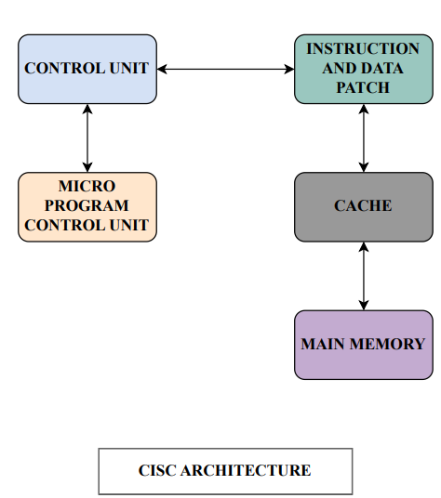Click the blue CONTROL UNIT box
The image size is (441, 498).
pos(87,69)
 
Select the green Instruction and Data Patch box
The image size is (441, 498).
pos(363,69)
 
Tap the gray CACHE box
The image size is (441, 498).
pos(363,206)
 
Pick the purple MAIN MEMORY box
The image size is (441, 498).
pos(363,345)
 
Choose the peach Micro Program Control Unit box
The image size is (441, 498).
pos(87,206)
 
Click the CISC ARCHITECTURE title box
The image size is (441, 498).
pos(225,471)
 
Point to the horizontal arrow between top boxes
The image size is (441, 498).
pos(225,69)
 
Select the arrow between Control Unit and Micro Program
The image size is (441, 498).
pos(87,138)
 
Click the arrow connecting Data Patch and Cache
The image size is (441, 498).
pos(363,138)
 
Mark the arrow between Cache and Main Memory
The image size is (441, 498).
pos(363,276)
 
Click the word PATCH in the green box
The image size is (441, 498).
pos(363,88)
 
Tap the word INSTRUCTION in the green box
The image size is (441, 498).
pos(363,48)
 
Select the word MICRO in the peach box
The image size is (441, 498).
pos(87,186)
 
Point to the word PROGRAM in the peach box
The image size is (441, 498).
pos(87,205)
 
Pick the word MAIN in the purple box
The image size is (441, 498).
pos(322,344)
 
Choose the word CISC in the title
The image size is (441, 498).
pos(158,471)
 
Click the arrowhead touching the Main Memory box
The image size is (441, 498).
pos(363,304)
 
